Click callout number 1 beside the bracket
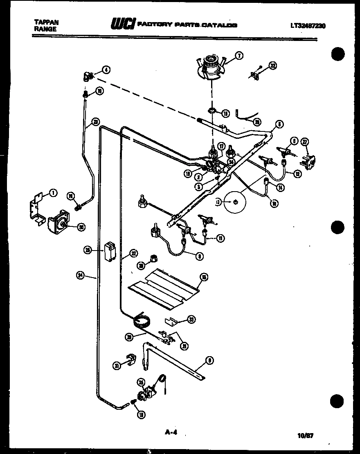(x=53, y=192)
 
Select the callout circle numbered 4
(x=106, y=70)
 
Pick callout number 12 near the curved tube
(x=296, y=173)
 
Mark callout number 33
(x=191, y=320)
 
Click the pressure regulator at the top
(x=211, y=68)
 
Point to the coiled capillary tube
(x=142, y=318)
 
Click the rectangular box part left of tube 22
(x=110, y=251)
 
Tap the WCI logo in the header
(x=122, y=25)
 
